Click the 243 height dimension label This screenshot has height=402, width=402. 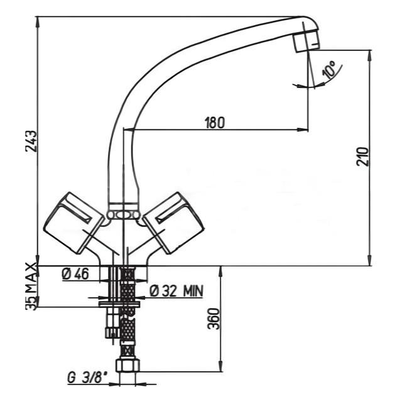click(x=31, y=141)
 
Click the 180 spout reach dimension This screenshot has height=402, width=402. click(x=215, y=122)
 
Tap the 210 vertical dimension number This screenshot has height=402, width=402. click(x=362, y=156)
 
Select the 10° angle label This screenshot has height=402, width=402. click(x=330, y=70)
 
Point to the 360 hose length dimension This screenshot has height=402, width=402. click(x=214, y=318)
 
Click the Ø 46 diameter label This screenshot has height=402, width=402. click(x=75, y=274)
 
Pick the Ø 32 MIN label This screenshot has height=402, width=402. click(x=176, y=291)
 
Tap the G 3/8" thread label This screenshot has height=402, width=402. click(x=87, y=378)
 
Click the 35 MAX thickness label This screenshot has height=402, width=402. click(x=32, y=286)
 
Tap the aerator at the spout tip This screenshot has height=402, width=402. click(x=307, y=41)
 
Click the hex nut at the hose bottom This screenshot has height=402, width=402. click(x=128, y=365)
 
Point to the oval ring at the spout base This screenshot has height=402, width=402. click(x=123, y=215)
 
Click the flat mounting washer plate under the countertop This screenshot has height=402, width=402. click(x=120, y=304)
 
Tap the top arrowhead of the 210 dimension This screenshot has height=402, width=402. click(x=369, y=56)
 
